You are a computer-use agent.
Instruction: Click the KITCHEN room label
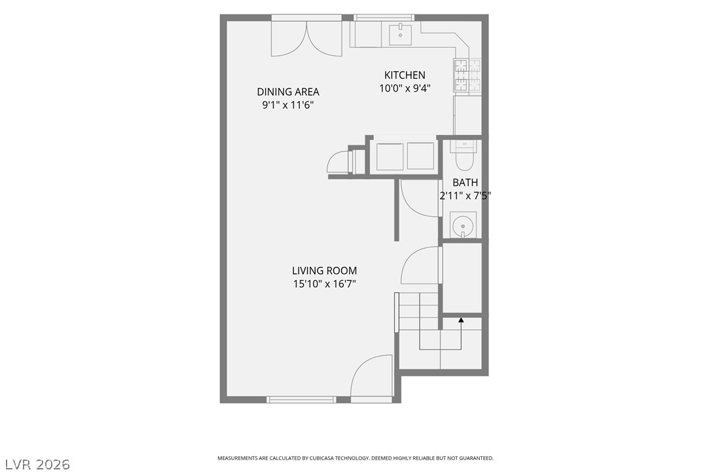point(405,75)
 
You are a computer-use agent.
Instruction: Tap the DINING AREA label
point(288,92)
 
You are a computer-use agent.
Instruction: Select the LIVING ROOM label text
point(324,271)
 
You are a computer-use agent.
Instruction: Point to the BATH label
point(465,182)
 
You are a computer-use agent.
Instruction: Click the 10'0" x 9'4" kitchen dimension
point(405,88)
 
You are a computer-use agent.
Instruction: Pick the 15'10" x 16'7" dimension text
point(324,285)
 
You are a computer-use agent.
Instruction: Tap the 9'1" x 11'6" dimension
point(288,106)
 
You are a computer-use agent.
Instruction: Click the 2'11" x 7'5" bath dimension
point(465,196)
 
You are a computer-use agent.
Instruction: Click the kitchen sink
point(401,35)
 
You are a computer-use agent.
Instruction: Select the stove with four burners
point(467,75)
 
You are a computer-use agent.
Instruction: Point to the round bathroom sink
point(463,225)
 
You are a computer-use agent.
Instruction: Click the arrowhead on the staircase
point(461,320)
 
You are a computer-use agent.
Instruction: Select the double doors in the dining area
point(306,39)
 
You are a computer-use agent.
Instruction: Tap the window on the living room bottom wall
point(301,399)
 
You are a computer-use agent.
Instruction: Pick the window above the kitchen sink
point(384,18)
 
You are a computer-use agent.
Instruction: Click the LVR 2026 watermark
point(37,464)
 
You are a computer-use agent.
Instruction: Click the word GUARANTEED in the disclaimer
point(477,458)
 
